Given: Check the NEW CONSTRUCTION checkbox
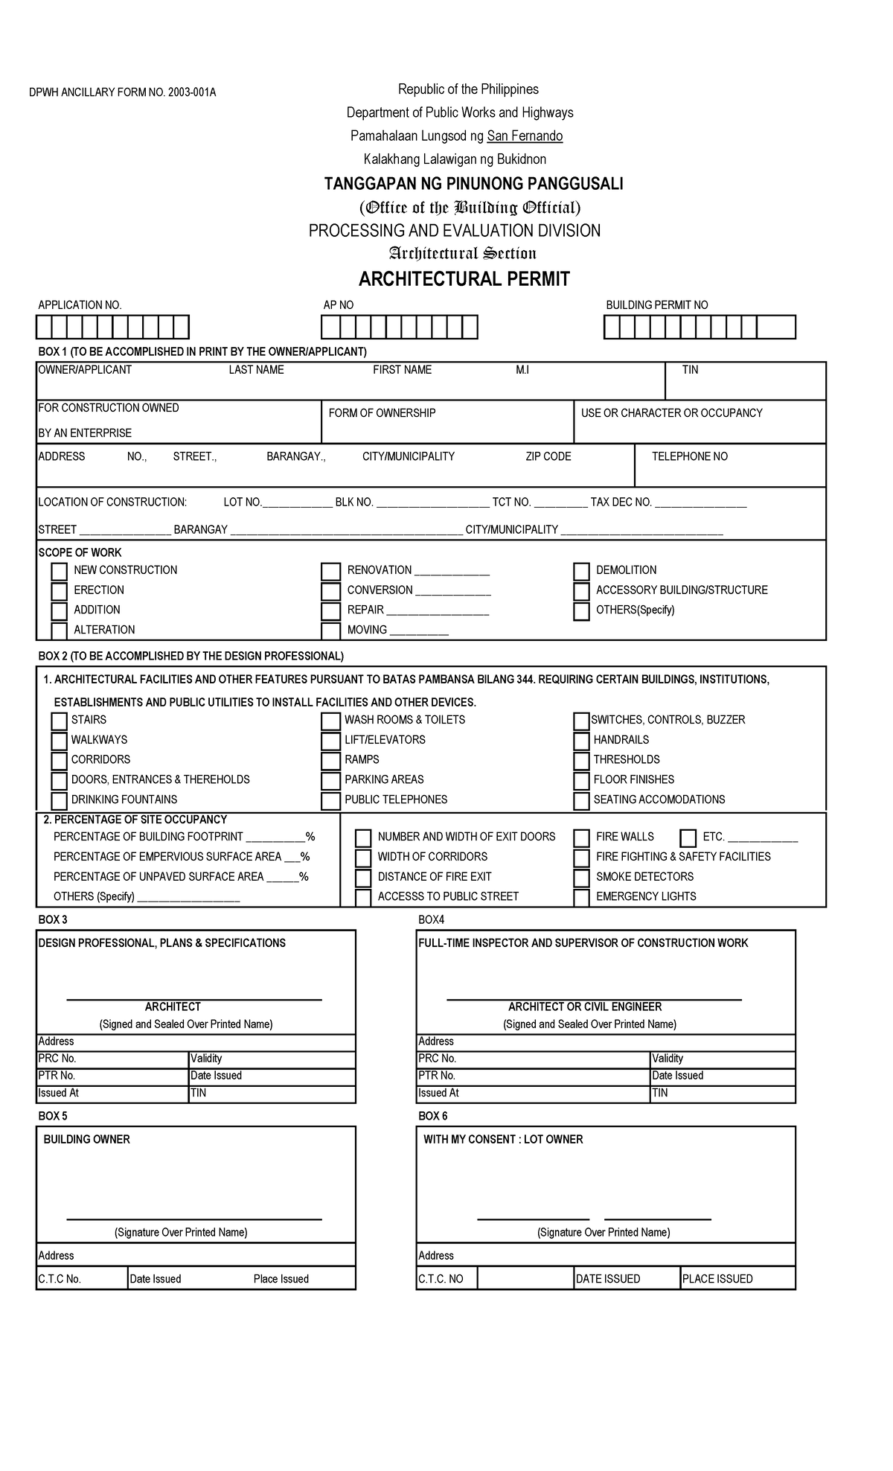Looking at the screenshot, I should [x=59, y=572].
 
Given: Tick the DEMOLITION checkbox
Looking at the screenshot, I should [x=581, y=572].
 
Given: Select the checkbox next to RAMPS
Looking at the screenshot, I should [x=330, y=761].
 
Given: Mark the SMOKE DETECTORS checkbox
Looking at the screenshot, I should [x=581, y=878].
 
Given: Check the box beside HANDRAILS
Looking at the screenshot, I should [x=581, y=741].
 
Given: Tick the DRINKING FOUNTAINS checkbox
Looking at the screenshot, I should [x=59, y=801].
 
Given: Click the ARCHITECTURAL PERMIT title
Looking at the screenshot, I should [x=464, y=279].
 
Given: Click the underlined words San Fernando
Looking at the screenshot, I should [x=525, y=135].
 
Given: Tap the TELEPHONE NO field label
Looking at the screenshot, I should [x=689, y=456].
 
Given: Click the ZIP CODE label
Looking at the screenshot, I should [x=548, y=456].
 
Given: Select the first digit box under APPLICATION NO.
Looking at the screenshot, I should [x=45, y=328].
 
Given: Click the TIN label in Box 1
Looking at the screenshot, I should [x=690, y=370].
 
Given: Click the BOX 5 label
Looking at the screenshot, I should [x=53, y=1116].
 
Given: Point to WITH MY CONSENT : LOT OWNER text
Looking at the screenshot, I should [x=503, y=1139].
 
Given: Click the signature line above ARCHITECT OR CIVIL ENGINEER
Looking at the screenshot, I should [x=593, y=998].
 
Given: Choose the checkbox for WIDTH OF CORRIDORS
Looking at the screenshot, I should [x=363, y=858].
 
